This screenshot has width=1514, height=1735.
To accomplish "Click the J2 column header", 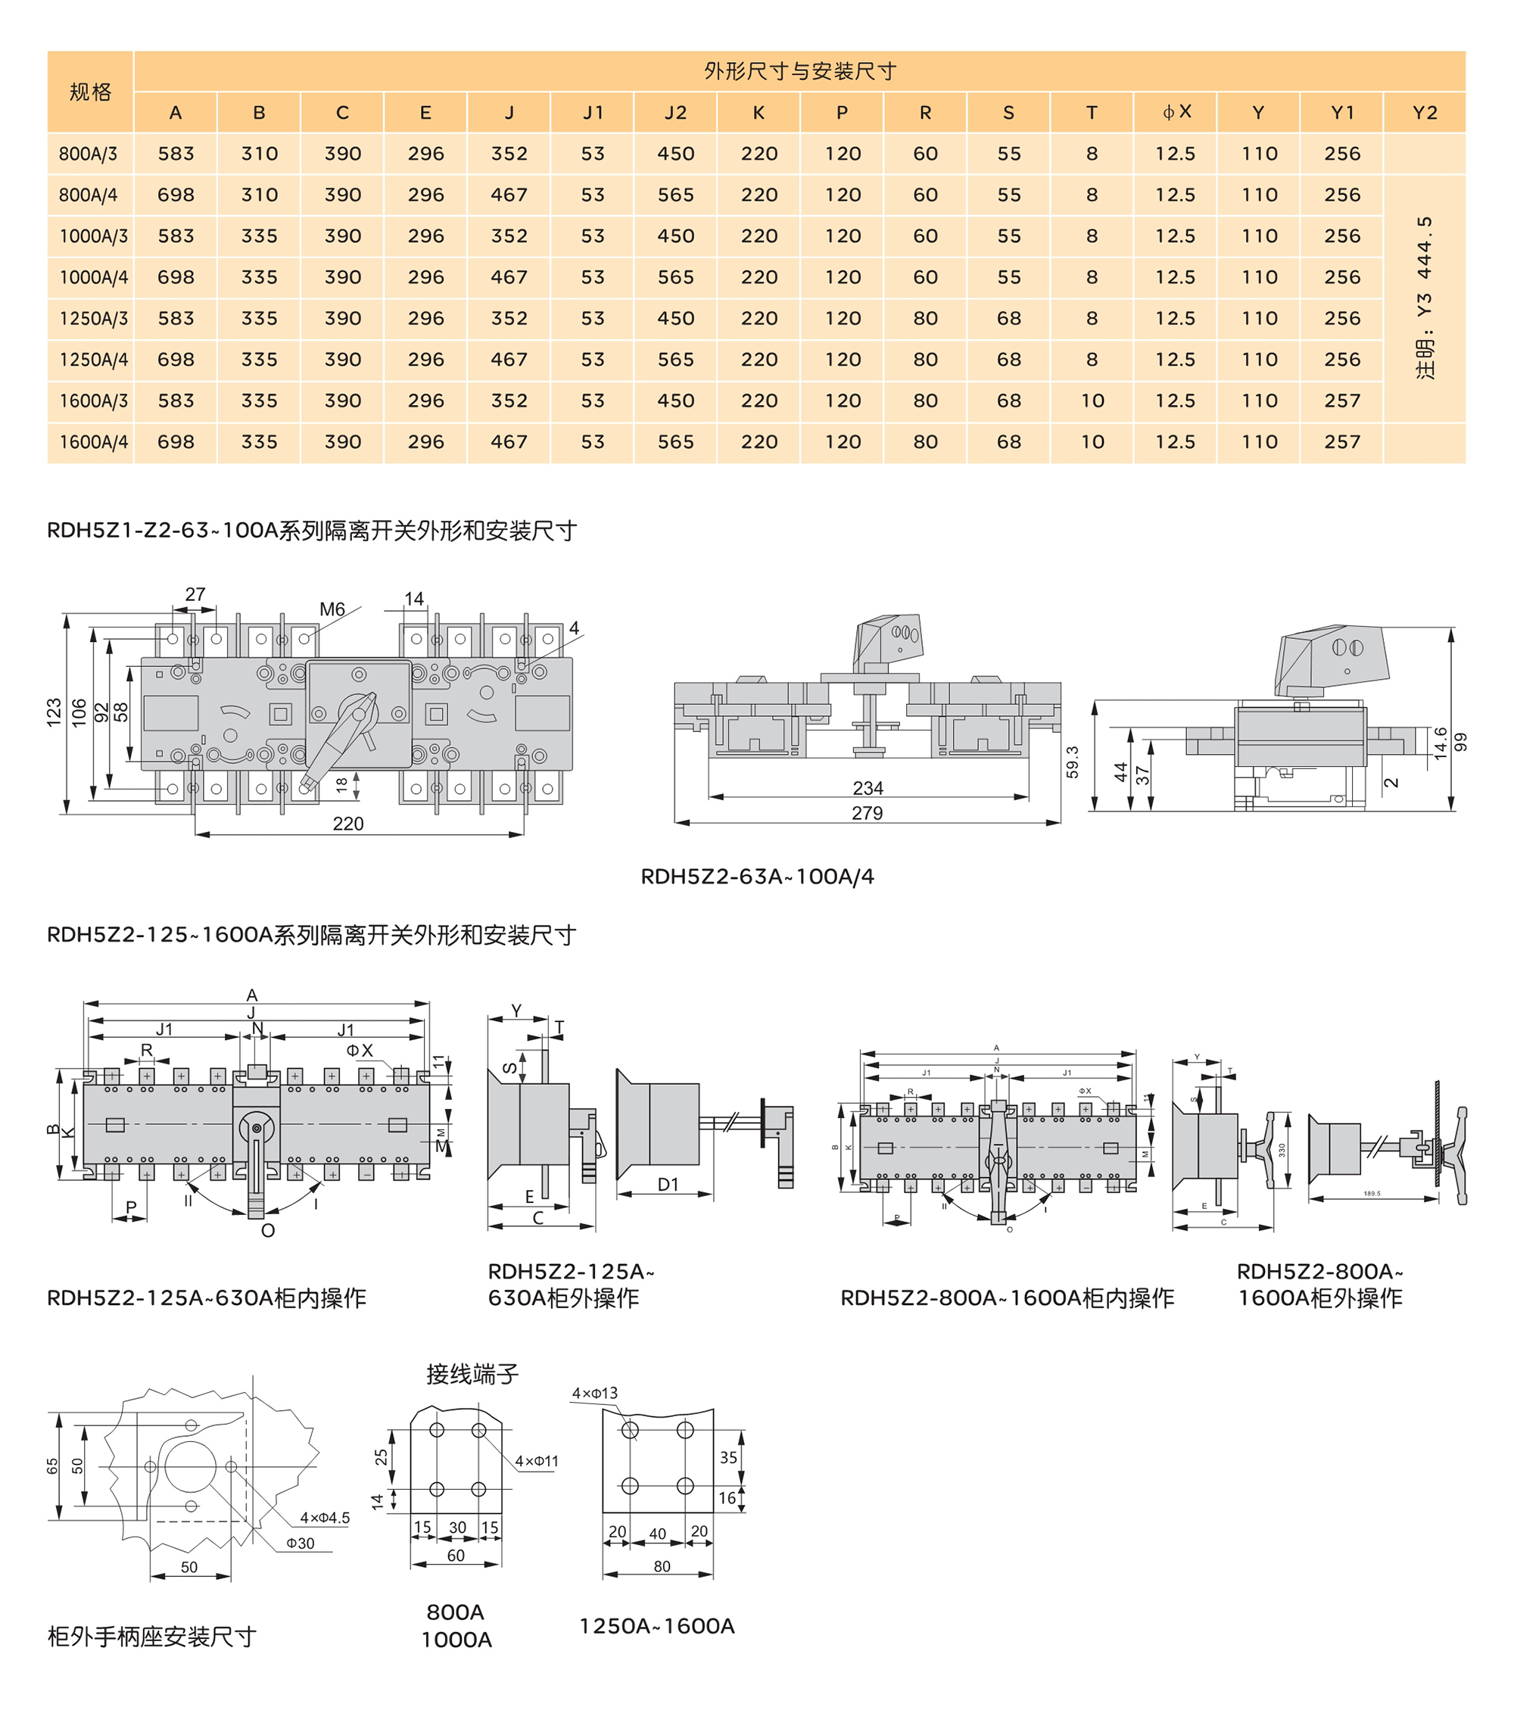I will coord(675,112).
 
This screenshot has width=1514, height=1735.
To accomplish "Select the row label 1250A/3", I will coord(93,319).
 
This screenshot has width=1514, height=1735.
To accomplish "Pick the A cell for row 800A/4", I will coord(176,195).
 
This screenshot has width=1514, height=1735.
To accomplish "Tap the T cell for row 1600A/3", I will coord(1092,401).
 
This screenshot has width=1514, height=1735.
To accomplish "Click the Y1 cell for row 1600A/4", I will coord(1341,442).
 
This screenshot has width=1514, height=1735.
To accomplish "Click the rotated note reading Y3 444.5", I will coord(1425,297).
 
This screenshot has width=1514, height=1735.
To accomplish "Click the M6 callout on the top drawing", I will coord(332,609).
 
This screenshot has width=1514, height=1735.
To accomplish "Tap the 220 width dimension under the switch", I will coord(348,824).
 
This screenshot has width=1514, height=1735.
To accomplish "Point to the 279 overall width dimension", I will coord(867,812).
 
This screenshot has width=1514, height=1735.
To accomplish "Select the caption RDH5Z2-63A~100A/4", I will coord(757,877).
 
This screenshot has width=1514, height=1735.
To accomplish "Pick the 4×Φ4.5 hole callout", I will coord(325,1518).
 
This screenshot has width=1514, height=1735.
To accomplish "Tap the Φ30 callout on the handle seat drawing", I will coord(300,1543).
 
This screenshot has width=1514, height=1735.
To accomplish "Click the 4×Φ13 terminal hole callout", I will coord(595,1393).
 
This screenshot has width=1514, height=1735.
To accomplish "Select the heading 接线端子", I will coord(472,1375).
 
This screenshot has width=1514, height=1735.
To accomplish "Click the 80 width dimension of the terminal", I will coord(662,1566).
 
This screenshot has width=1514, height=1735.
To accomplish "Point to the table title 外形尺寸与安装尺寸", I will coord(799,71).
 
